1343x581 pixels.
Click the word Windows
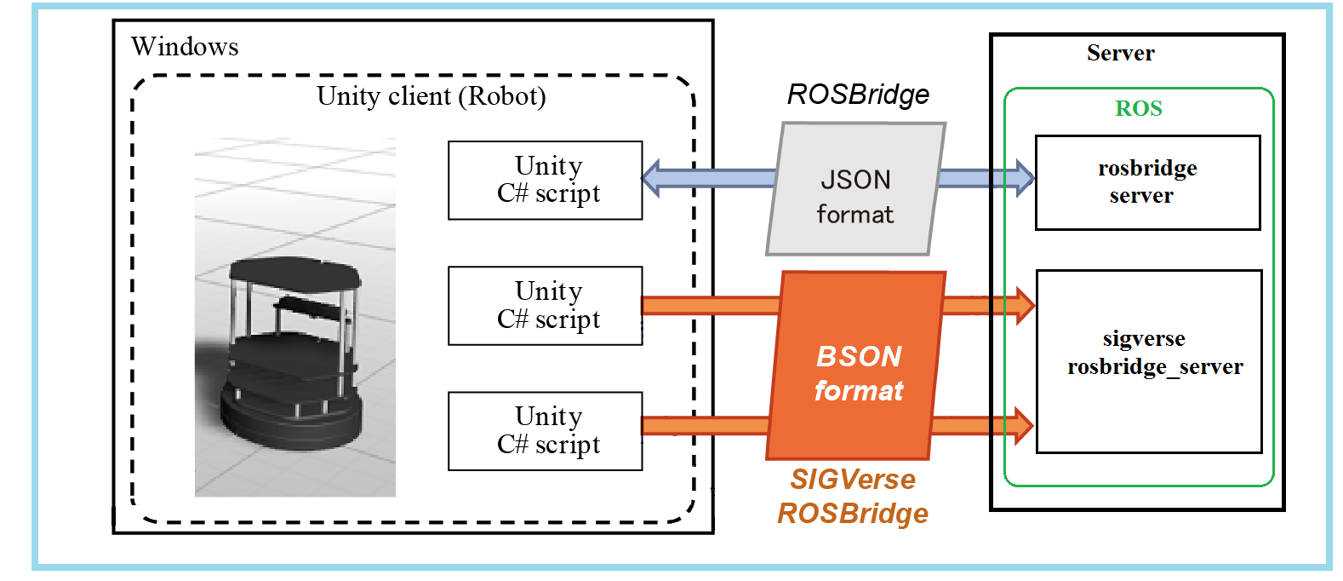coord(185,46)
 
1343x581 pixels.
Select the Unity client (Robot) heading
coord(431,95)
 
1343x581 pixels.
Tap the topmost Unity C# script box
coord(546,181)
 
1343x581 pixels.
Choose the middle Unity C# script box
coord(546,306)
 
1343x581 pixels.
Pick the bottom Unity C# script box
coord(546,431)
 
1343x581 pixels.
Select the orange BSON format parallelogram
coord(857,366)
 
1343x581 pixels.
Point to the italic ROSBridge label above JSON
coord(858,95)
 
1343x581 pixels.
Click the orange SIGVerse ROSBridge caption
coord(853,497)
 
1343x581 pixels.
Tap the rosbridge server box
coord(1147,182)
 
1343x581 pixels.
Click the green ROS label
coord(1139,108)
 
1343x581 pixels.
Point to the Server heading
coord(1120,53)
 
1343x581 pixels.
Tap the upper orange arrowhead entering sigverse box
coord(1024,305)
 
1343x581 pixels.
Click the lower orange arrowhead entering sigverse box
coord(1024,424)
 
